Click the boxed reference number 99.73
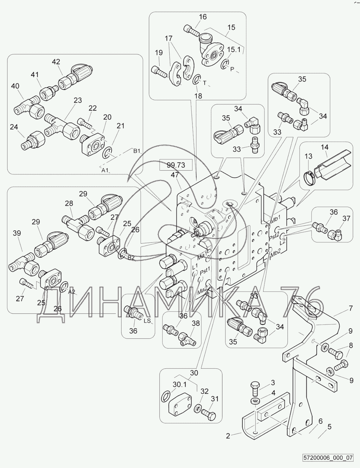click(x=176, y=165)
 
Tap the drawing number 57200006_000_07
click(x=328, y=462)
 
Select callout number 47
click(x=175, y=175)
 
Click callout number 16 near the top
click(x=203, y=17)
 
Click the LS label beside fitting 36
click(x=147, y=321)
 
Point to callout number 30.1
click(x=180, y=385)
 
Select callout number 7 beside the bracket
click(x=351, y=308)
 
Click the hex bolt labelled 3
click(x=255, y=390)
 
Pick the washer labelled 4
click(x=255, y=401)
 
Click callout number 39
click(x=17, y=233)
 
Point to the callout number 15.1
click(x=234, y=50)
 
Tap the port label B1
click(x=137, y=151)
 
